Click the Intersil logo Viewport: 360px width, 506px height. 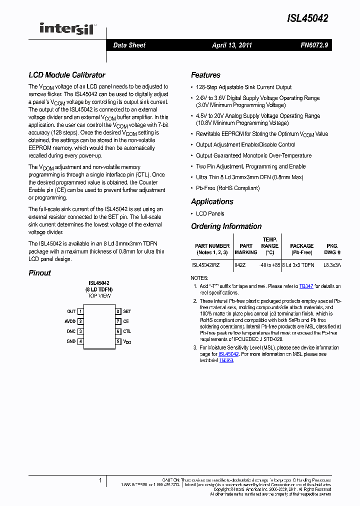click(67, 29)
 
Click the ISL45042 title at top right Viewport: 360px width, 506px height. click(307, 18)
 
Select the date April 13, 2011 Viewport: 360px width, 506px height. click(232, 45)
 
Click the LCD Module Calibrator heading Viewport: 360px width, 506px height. click(66, 75)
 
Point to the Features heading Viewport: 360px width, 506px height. click(205, 75)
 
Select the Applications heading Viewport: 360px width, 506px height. click(212, 201)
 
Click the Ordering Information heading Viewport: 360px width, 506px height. click(226, 226)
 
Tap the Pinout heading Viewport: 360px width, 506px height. click(39, 273)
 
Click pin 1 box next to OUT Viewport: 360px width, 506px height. click(80, 311)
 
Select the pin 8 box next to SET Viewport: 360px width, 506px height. click(118, 311)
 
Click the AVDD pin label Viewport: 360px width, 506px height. click(70, 321)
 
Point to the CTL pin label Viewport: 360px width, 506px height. click(127, 331)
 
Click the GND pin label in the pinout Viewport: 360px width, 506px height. click(71, 341)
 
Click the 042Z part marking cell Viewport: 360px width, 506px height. click(240, 265)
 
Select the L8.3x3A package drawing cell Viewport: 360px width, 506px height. click(331, 265)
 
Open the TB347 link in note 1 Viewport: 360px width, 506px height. click(306, 286)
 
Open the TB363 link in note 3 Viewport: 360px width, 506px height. click(226, 360)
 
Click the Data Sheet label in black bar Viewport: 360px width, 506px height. click(129, 45)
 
